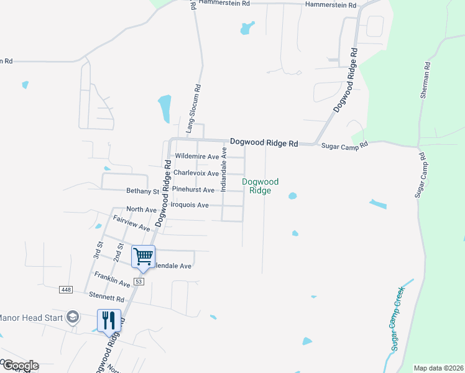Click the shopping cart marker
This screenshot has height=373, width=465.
(x=143, y=256)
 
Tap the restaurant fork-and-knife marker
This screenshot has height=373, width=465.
(x=109, y=321)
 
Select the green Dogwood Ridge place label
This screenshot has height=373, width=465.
(x=260, y=186)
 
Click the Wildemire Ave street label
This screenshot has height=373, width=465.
(x=197, y=156)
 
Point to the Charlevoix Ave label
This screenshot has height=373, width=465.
(x=196, y=173)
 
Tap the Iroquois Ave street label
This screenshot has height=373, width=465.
(x=190, y=205)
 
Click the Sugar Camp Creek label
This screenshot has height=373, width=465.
(x=398, y=318)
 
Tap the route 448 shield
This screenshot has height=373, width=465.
(x=67, y=290)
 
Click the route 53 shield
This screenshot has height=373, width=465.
(x=139, y=282)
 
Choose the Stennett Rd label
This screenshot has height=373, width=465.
(x=106, y=299)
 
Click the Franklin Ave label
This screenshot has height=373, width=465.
(x=112, y=279)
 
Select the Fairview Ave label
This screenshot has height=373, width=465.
(x=132, y=223)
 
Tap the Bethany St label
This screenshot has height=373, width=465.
(x=143, y=191)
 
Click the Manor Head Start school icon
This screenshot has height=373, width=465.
(x=73, y=317)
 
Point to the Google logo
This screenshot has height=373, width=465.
(x=20, y=366)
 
